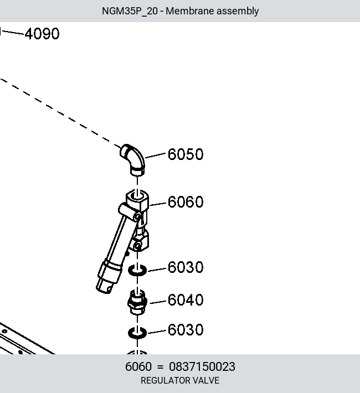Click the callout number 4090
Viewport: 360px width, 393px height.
(x=42, y=34)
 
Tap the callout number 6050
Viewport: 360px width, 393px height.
(x=186, y=154)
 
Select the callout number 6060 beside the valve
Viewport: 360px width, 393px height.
(x=186, y=202)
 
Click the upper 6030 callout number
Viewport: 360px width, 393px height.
(x=186, y=267)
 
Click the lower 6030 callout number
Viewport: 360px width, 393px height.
(x=186, y=329)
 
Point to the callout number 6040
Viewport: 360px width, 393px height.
(x=186, y=300)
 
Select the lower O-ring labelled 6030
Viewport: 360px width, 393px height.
(x=137, y=333)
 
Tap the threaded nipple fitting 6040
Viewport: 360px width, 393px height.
(x=137, y=302)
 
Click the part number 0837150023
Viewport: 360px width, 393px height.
(x=202, y=366)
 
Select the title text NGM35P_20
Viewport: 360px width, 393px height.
(x=130, y=11)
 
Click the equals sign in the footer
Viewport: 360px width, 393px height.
(x=160, y=367)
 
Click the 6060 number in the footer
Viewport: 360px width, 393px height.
(x=138, y=366)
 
